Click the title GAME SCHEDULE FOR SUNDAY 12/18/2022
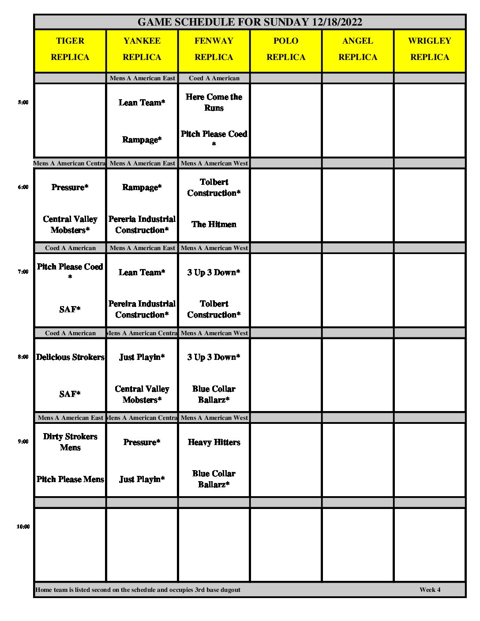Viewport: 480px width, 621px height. (x=250, y=22)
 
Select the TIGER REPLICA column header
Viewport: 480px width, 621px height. (x=70, y=49)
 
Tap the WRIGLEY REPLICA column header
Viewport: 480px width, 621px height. (x=429, y=49)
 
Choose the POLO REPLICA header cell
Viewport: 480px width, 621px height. (x=286, y=49)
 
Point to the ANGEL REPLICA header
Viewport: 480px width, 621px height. (x=358, y=49)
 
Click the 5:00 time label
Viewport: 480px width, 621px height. (x=23, y=102)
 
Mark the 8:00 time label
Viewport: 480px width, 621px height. (x=23, y=357)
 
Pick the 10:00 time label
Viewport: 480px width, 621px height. (x=23, y=527)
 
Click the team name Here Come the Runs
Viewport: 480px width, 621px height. (x=214, y=102)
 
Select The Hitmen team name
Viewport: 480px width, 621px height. (x=214, y=224)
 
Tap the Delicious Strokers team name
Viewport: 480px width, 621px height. (x=70, y=357)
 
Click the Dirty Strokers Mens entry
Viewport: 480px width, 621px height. (x=70, y=442)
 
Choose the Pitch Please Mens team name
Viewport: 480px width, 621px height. (x=70, y=479)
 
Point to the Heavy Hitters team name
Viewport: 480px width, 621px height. (x=214, y=442)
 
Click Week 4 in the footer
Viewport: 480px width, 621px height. (x=430, y=590)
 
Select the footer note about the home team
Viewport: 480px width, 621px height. (x=138, y=590)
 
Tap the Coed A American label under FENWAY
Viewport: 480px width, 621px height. (x=214, y=78)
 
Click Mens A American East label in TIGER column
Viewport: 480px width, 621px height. (x=70, y=418)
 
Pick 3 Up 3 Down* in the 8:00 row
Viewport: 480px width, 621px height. (x=214, y=357)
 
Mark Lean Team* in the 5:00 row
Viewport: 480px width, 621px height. (x=142, y=103)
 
